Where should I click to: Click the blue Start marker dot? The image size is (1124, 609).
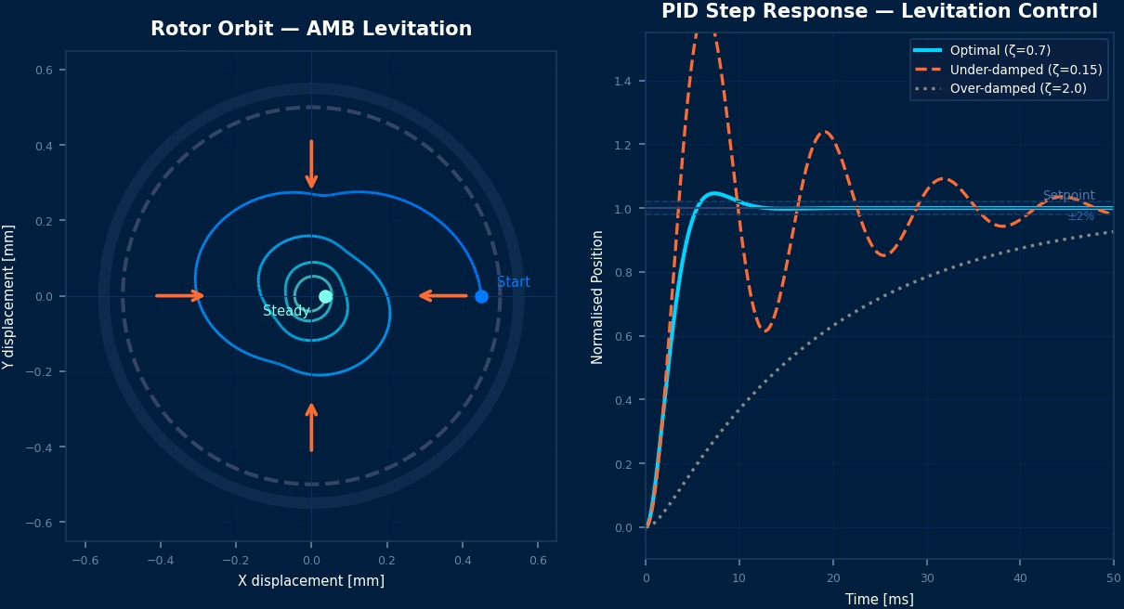coord(481,296)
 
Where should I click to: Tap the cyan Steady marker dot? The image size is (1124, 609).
coord(325,296)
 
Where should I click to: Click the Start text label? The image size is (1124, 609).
coord(514,282)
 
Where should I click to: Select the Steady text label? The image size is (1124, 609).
coord(286,311)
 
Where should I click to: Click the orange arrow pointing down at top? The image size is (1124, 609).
coord(311,164)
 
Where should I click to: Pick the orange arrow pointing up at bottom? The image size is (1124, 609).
coord(311,427)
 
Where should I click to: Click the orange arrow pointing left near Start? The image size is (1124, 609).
coord(443,296)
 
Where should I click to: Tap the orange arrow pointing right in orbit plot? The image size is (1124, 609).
coord(179,296)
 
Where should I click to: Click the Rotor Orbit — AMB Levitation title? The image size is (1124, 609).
coord(311,29)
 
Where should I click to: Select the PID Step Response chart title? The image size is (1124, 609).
coord(879,11)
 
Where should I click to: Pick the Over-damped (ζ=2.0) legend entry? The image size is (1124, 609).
coord(1017,89)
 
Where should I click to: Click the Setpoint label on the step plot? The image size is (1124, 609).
coord(1068,196)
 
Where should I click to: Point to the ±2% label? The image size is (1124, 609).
coord(1080,216)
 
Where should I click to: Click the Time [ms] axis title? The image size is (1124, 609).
coord(879,600)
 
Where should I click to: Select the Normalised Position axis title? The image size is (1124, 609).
coord(597,297)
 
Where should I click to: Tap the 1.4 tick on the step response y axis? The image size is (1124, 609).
coord(622,82)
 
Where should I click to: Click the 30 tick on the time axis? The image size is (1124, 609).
coord(926,577)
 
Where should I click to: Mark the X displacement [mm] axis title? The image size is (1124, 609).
coord(311,581)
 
